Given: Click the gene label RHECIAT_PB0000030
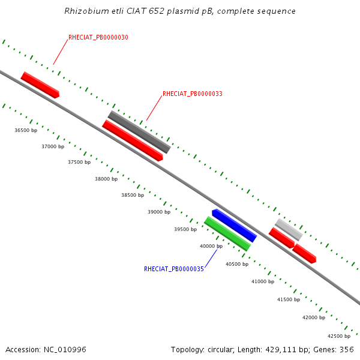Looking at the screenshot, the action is tap(98, 37).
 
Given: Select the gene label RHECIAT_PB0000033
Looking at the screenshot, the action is tap(193, 94).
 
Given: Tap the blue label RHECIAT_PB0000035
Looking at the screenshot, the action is tap(174, 269).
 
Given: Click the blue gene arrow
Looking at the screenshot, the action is tap(235, 226).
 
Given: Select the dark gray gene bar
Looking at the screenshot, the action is tap(139, 132).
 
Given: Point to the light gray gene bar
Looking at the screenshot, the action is tap(289, 229).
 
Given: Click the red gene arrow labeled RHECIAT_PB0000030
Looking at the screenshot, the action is tap(40, 85).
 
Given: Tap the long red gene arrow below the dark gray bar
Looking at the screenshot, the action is tap(133, 140).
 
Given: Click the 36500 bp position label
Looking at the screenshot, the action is tap(26, 130).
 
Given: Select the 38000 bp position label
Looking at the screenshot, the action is tap(106, 179).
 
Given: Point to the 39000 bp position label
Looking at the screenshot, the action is tap(159, 212).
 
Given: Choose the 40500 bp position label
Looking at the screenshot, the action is tap(237, 264).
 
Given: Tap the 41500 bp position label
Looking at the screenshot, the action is tap(289, 299).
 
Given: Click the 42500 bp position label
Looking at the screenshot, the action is tap(339, 336).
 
